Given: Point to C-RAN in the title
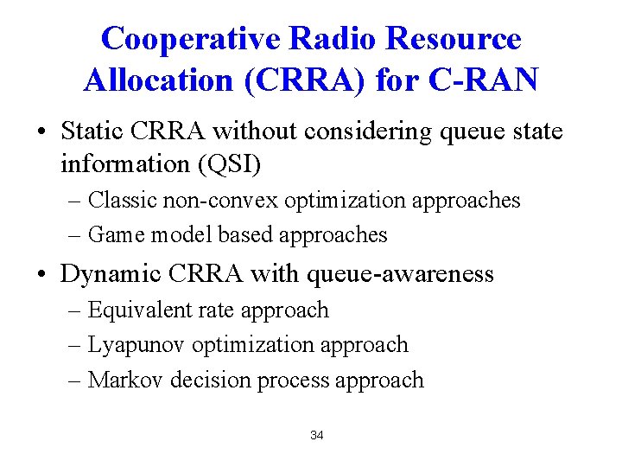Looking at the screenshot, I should [x=489, y=80].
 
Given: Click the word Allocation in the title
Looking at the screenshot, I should [x=158, y=80].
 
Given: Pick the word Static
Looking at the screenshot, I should [x=95, y=131].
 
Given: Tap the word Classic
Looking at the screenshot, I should [x=121, y=200].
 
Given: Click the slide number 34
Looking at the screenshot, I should [x=316, y=435].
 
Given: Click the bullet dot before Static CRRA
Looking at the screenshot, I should [x=41, y=133].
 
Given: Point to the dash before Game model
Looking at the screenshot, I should [x=75, y=235].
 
